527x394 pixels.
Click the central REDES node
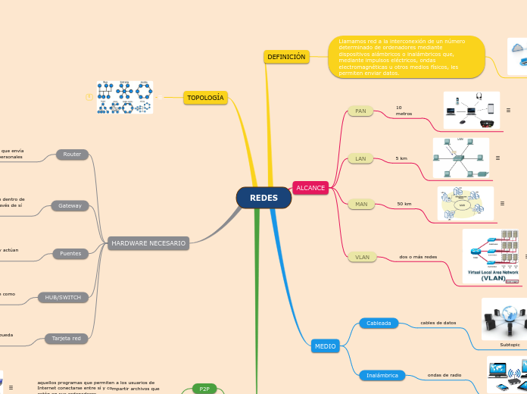coord(263,198)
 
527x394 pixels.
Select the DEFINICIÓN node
coord(286,57)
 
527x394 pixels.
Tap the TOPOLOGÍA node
coord(205,98)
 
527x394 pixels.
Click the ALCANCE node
coord(310,187)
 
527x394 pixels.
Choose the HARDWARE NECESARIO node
coord(148,243)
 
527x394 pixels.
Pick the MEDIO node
coord(325,346)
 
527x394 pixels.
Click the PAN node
coord(360,111)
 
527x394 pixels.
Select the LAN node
coord(360,159)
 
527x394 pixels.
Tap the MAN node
coord(361,204)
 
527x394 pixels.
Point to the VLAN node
coord(362,257)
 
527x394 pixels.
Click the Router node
coord(72,155)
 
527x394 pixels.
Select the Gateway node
coord(70,205)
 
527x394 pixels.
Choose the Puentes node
coord(71,253)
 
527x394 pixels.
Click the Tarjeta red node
coord(66,338)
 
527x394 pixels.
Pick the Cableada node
coord(379,323)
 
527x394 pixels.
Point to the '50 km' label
coord(404,204)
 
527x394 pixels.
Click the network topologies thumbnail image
coord(125,98)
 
